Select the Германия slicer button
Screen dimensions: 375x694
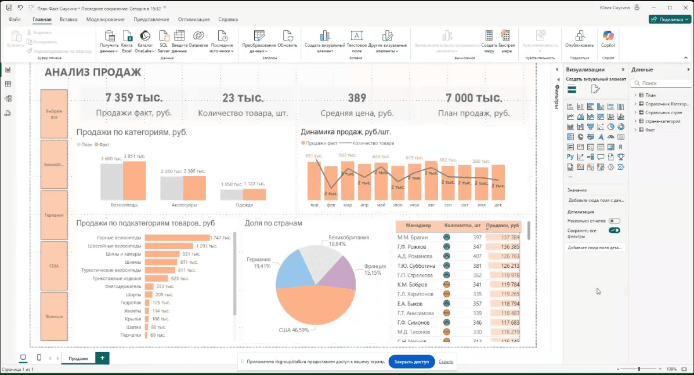point(54,215)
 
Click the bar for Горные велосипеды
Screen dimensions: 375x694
point(177,238)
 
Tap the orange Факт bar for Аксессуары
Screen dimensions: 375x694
point(194,188)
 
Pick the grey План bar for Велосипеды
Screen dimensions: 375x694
point(111,182)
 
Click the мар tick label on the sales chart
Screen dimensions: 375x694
point(348,205)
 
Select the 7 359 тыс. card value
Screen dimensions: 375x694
point(134,98)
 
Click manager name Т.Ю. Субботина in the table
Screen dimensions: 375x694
point(415,265)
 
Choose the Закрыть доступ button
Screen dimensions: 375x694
point(411,362)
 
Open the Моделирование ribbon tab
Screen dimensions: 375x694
point(105,19)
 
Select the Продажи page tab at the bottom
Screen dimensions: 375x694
point(78,358)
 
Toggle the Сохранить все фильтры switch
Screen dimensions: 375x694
point(614,231)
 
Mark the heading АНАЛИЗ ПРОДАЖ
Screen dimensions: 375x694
point(93,72)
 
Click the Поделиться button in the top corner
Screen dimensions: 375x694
point(669,19)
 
